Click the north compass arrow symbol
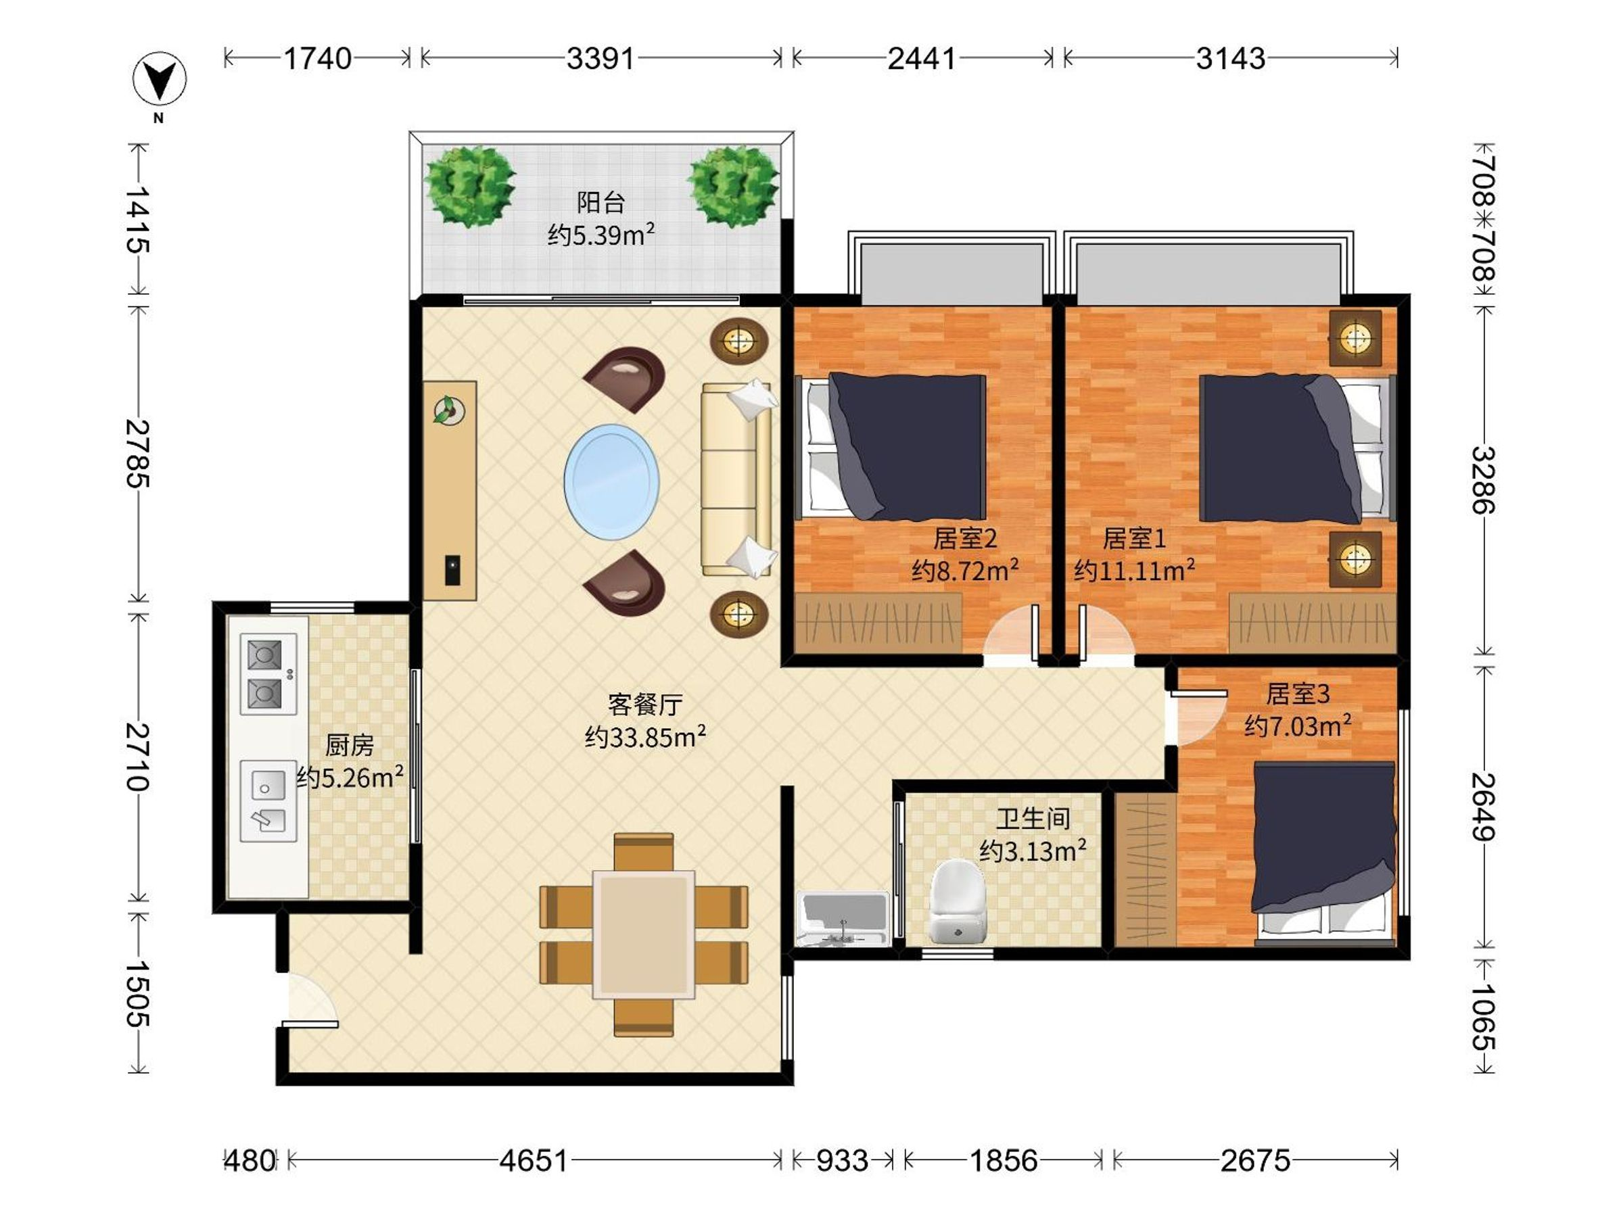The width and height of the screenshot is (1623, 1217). pyautogui.click(x=159, y=78)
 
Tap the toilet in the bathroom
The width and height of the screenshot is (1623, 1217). pyautogui.click(x=957, y=901)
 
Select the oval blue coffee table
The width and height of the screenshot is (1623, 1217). pyautogui.click(x=611, y=481)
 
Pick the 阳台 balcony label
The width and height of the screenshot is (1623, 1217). pyautogui.click(x=601, y=202)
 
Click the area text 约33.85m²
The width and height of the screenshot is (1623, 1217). pyautogui.click(x=646, y=736)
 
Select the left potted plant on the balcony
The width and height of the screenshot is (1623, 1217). pyautogui.click(x=469, y=186)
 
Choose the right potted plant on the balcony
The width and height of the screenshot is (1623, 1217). pyautogui.click(x=733, y=186)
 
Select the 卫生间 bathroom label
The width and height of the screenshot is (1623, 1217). pyautogui.click(x=1033, y=818)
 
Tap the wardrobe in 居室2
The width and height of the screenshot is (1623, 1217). pyautogui.click(x=878, y=623)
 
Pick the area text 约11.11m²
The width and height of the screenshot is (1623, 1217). pyautogui.click(x=1134, y=570)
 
